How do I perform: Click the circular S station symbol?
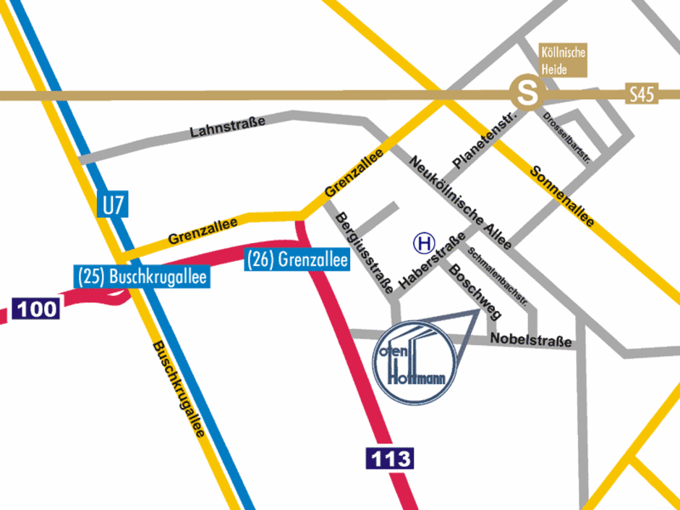tap(526, 93)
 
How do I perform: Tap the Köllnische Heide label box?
tap(563, 59)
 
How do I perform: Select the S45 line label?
tap(641, 95)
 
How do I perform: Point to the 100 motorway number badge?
tap(35, 310)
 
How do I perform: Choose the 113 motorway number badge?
tap(389, 458)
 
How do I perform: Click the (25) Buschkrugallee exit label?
tap(142, 276)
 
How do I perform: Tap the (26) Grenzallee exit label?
tap(297, 259)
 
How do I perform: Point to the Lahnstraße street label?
tap(227, 127)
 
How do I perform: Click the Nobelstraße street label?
tap(531, 340)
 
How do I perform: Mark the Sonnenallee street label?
tap(562, 196)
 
